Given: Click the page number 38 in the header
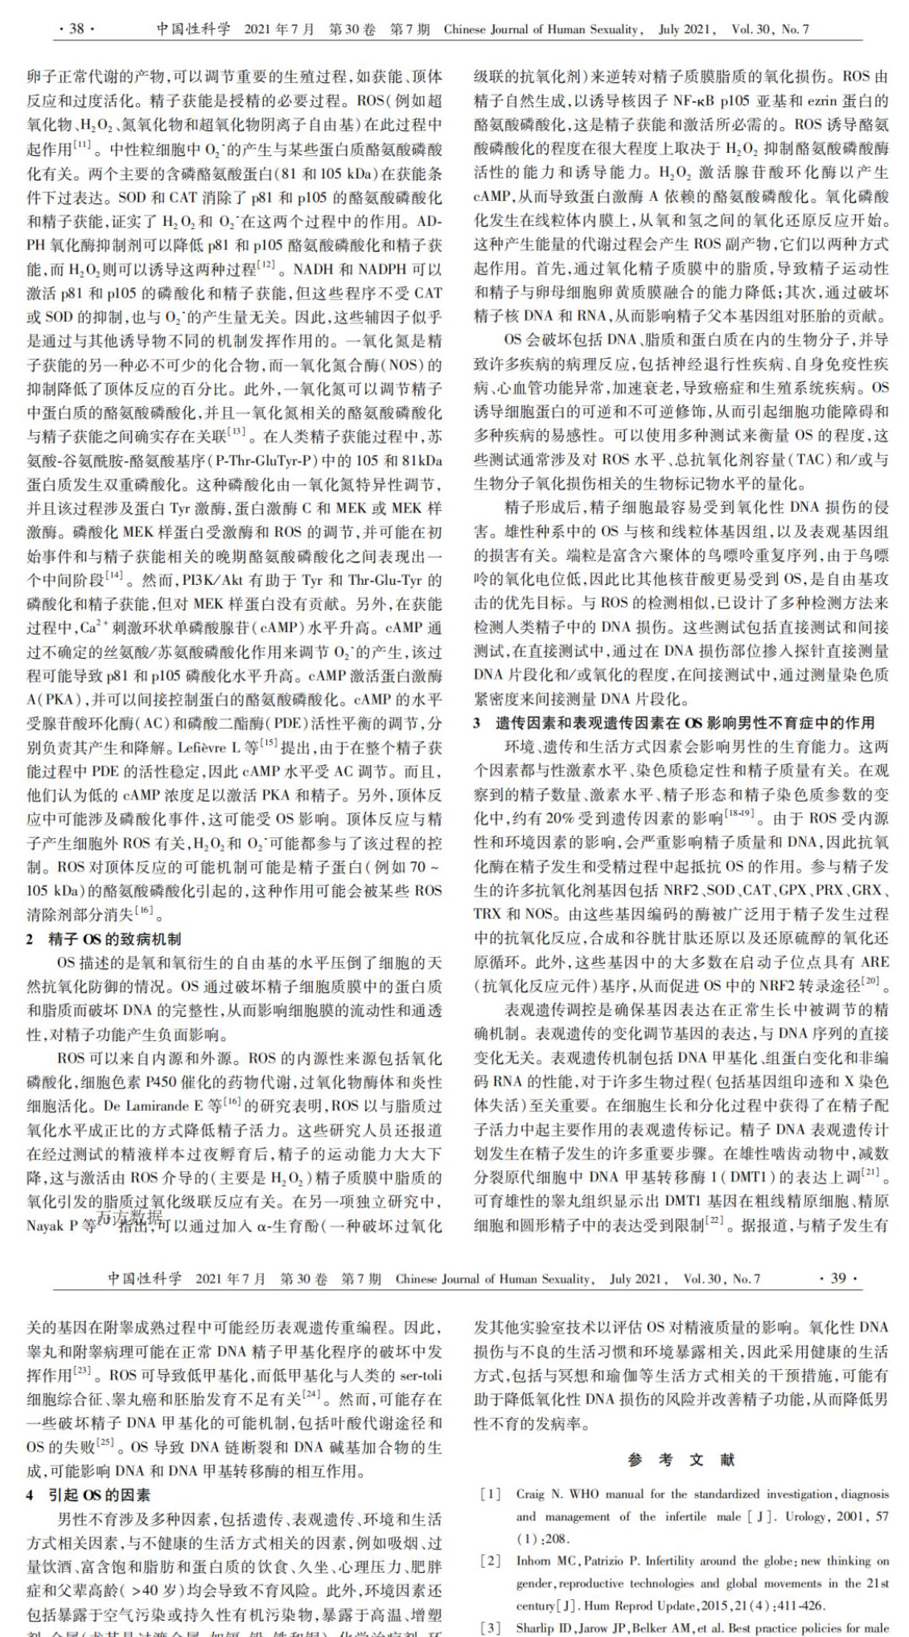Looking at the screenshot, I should click(x=76, y=30).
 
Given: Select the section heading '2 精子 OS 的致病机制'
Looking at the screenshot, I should click(x=104, y=939).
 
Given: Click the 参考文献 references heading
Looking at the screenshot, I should click(x=681, y=1458).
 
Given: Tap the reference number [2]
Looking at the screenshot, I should click(x=490, y=1561).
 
